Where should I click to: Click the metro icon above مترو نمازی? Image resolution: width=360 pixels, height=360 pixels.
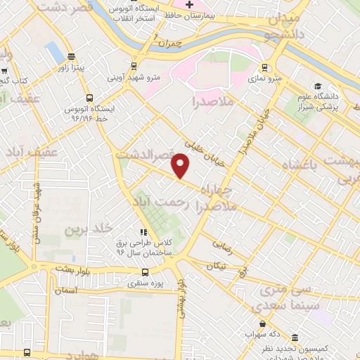pos(264,68)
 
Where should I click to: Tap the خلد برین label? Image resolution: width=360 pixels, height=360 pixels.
pos(89,229)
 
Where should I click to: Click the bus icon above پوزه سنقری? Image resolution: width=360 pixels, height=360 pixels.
pos(145,272)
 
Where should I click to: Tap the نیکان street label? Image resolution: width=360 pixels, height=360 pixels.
pos(217,266)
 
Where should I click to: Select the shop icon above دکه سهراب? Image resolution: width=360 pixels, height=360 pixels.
pos(262,324)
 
